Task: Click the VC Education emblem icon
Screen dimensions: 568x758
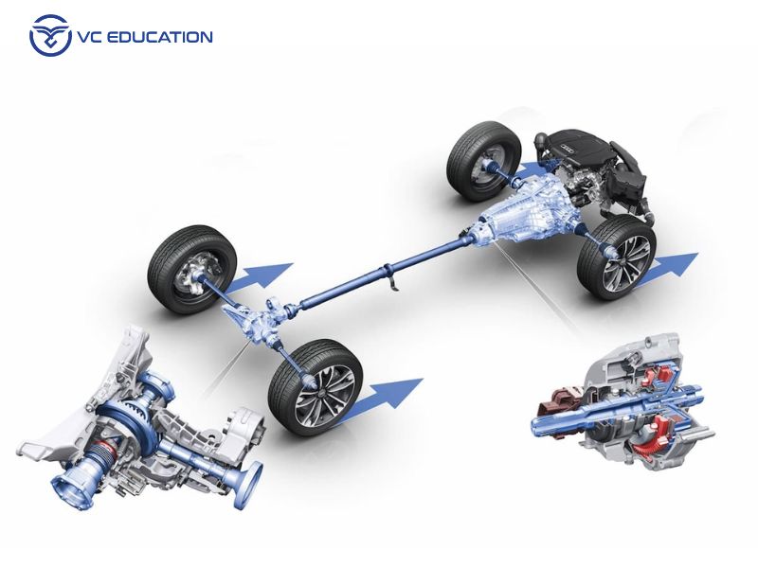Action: coord(49,36)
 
